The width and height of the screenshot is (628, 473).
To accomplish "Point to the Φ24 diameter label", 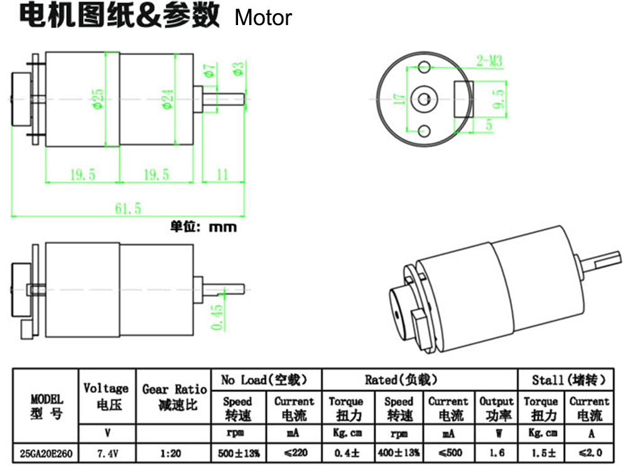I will click(168, 98).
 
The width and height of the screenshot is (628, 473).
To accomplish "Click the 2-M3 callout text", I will click(489, 61).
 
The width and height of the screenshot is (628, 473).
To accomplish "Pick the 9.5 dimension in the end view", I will click(499, 98).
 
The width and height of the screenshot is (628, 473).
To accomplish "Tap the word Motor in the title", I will click(263, 18).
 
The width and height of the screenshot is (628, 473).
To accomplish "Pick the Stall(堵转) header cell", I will click(570, 380).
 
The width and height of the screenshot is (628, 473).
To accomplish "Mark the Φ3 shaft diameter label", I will click(239, 68).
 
